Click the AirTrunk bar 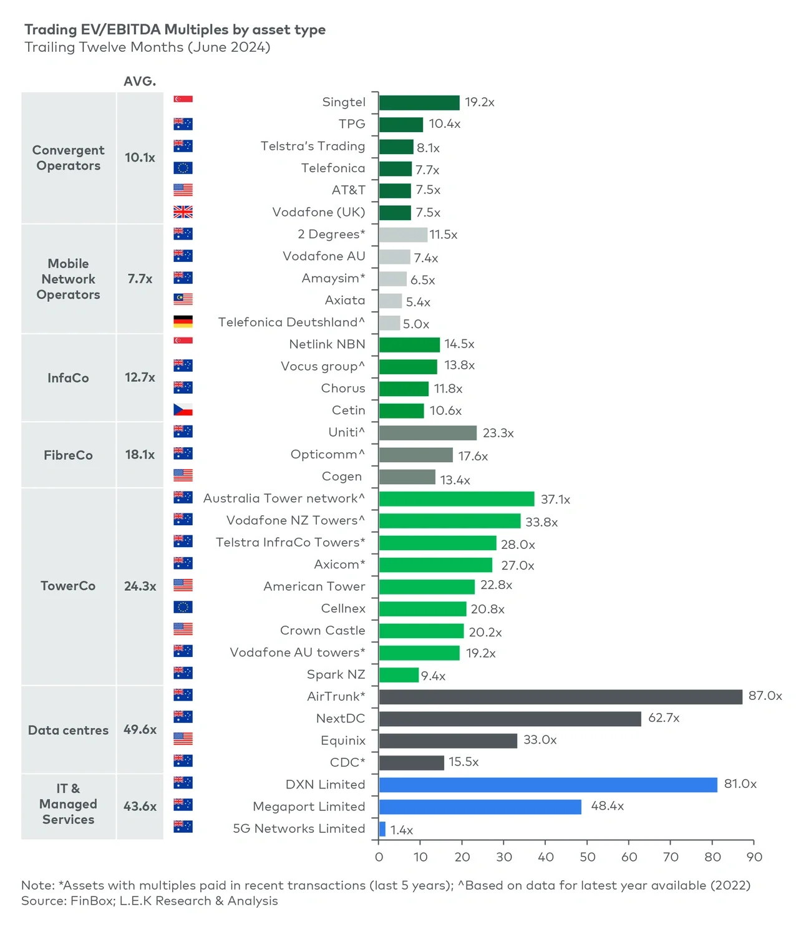pos(560,697)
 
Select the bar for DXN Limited pos(548,785)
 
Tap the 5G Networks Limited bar pos(382,829)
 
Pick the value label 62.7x pos(663,718)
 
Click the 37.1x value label pos(555,500)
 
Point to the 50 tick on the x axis pos(587,857)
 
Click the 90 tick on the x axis pos(754,857)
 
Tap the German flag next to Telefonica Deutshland pos(183,322)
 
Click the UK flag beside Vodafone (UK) pos(183,212)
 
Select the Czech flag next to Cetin pos(183,410)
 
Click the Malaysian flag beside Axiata pos(183,299)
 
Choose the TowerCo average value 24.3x pos(140,586)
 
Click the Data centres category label pos(68,730)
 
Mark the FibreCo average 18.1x pos(140,455)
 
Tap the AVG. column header pos(140,82)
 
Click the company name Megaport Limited pos(309,807)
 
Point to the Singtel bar pos(419,103)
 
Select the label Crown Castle pos(323,631)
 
